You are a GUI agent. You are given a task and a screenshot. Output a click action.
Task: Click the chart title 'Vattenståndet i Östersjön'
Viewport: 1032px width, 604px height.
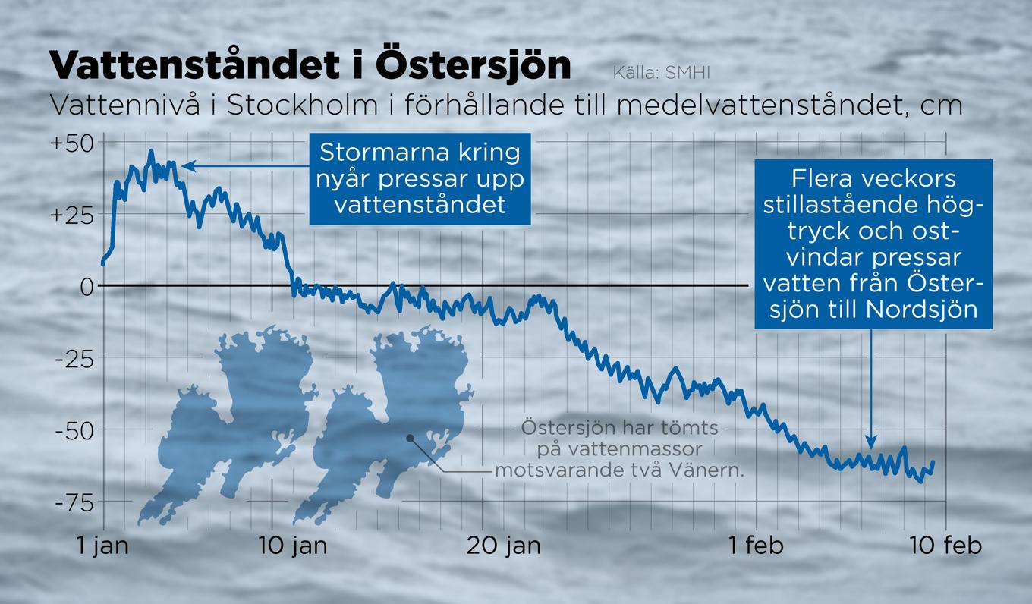[310, 66]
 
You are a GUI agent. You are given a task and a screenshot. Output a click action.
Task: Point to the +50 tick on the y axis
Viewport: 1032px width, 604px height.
[73, 143]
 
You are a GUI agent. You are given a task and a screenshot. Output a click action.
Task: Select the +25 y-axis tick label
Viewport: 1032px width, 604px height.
[73, 215]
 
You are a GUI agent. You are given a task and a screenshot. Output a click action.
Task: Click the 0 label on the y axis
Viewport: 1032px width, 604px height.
[86, 286]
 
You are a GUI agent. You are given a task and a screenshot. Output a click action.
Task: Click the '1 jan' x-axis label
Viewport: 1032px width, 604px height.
[103, 546]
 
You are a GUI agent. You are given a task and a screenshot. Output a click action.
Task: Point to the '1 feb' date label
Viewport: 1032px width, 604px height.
[756, 546]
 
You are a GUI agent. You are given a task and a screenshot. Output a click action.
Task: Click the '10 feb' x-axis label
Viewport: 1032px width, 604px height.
[945, 546]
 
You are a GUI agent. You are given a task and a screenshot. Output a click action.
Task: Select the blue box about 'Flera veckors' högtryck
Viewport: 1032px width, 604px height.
[873, 244]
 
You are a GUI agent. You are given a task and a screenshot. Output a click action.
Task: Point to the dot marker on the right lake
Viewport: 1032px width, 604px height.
[409, 438]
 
